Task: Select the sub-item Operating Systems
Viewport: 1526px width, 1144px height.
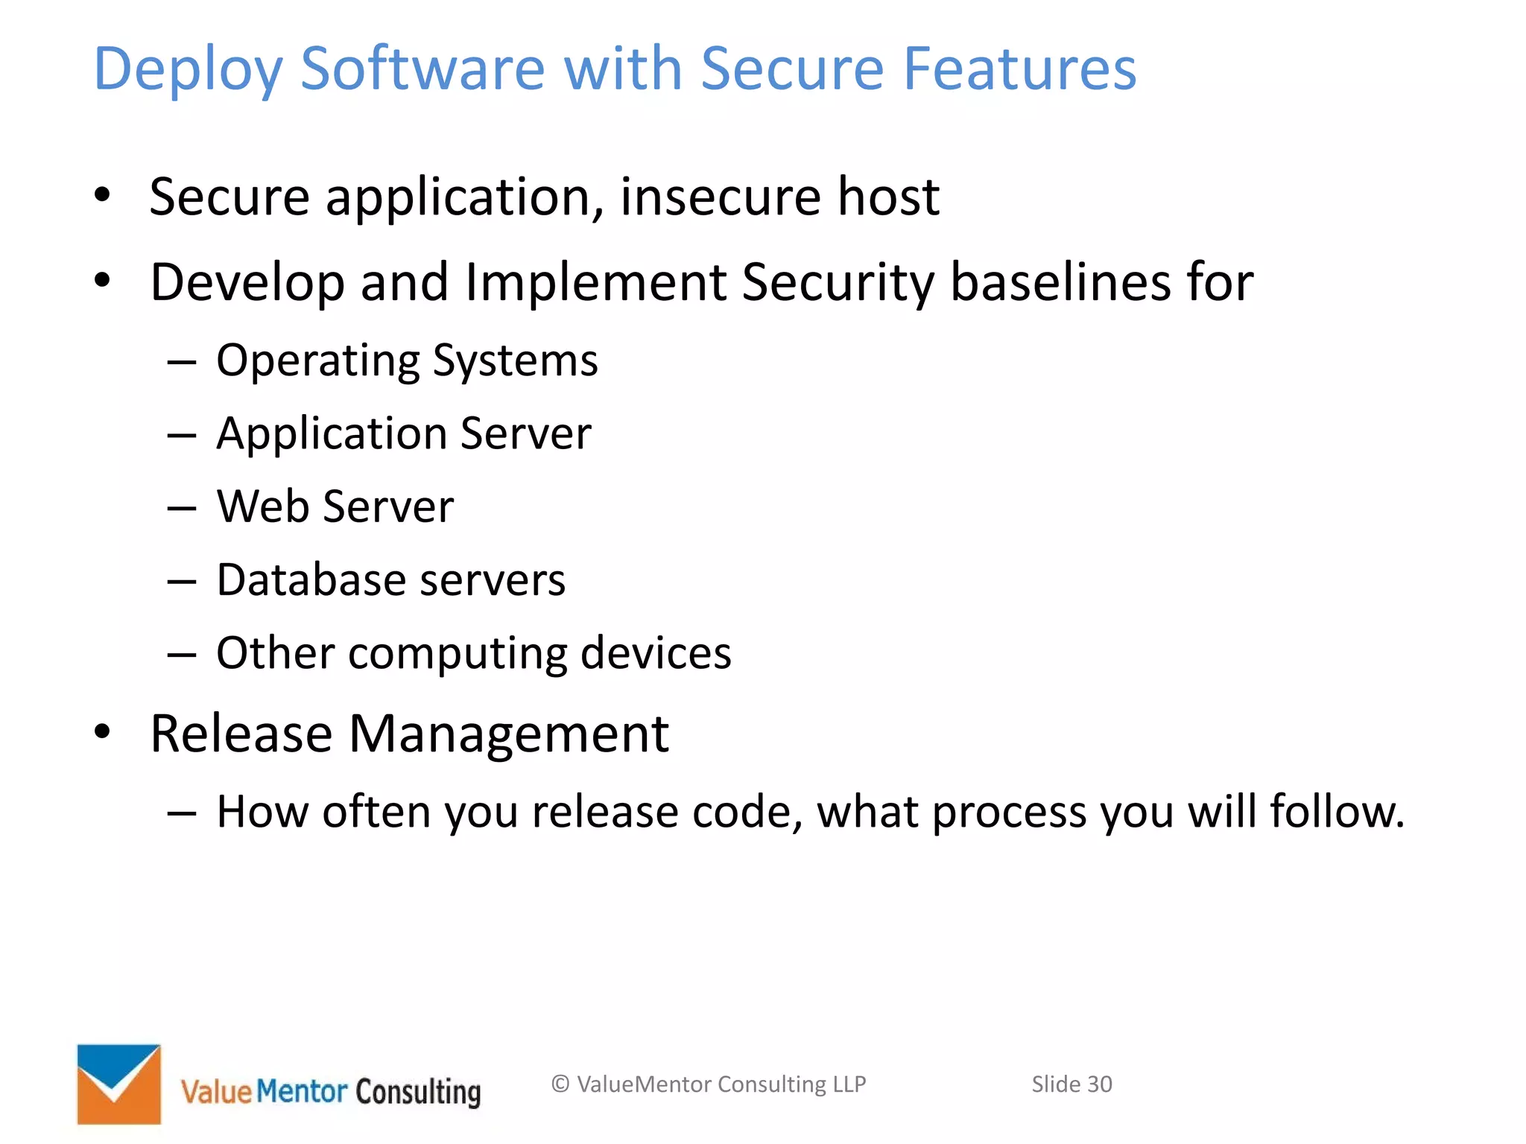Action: (407, 361)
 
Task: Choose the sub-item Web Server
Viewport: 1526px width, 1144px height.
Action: (335, 506)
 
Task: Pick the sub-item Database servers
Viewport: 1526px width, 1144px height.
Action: (391, 579)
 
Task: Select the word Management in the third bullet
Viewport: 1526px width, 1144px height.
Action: (508, 734)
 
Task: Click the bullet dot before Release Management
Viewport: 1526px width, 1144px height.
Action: (102, 731)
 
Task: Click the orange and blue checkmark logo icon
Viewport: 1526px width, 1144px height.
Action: (119, 1084)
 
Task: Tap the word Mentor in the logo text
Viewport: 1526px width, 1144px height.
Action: (302, 1091)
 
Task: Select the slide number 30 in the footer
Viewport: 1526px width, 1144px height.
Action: (1099, 1084)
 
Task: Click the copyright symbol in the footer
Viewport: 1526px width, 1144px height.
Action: (560, 1084)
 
